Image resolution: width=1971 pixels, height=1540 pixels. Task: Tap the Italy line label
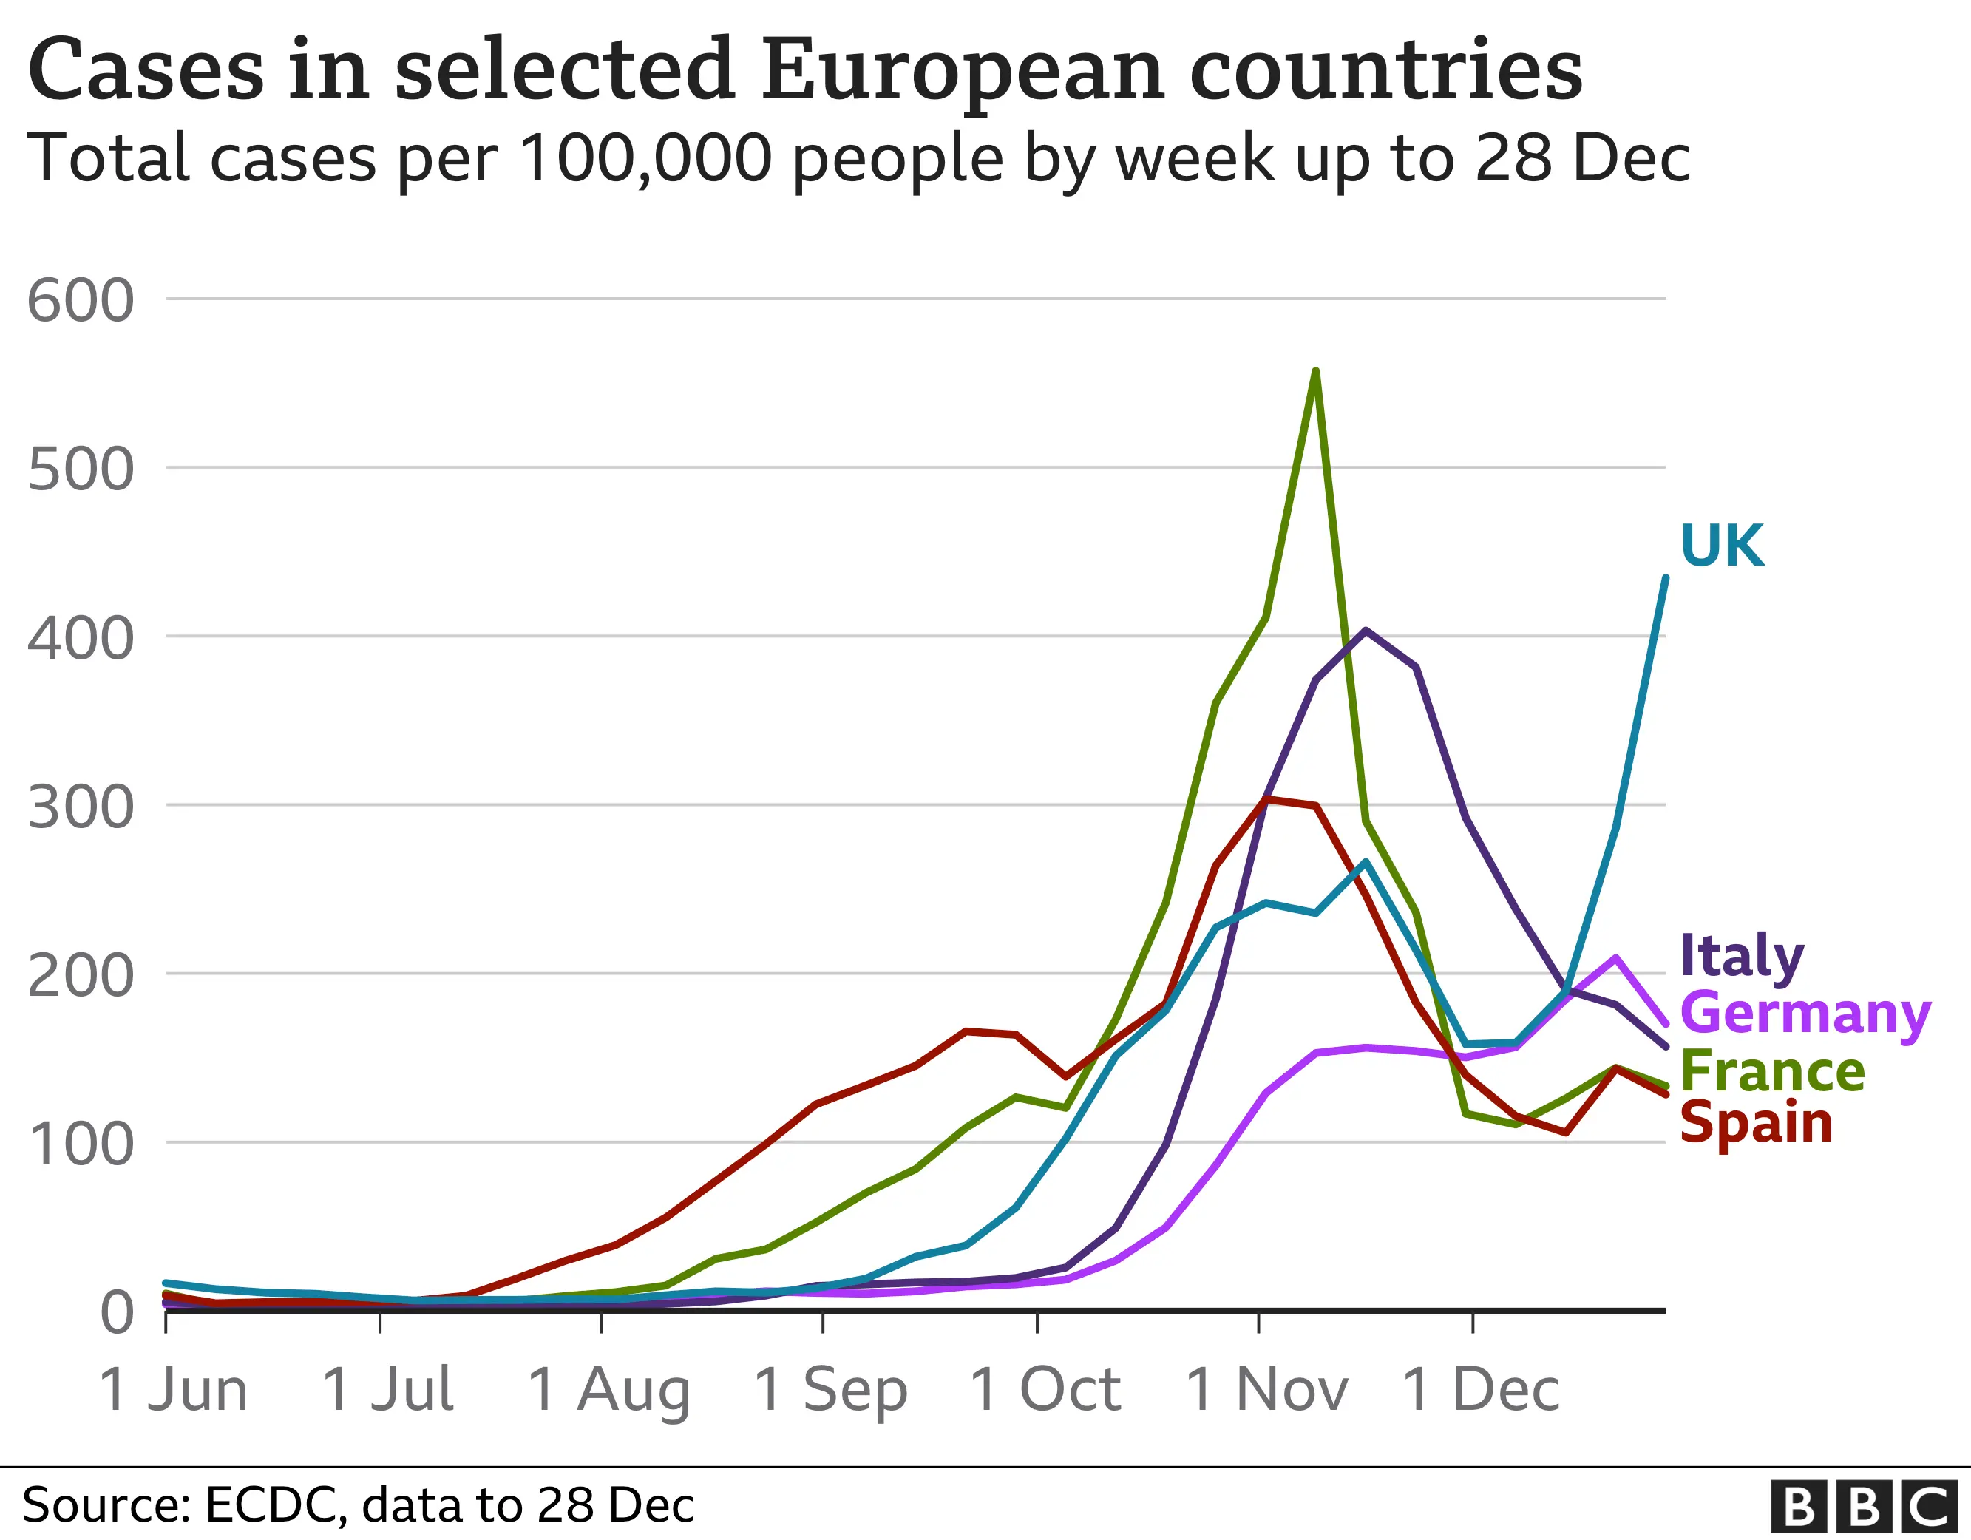pos(1742,956)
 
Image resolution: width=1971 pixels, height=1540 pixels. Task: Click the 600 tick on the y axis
pos(81,301)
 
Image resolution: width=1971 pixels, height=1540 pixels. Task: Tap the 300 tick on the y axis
pos(81,807)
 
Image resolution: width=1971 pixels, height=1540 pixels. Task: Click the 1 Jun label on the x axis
pos(173,1389)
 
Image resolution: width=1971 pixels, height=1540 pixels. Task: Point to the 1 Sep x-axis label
pos(830,1389)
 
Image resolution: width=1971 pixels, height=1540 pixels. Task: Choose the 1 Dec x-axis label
pos(1480,1389)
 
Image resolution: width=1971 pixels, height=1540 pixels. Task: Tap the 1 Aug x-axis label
pos(609,1389)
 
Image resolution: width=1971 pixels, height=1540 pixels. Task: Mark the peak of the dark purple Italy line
pos(1366,630)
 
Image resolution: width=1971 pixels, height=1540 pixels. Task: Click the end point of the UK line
pos(1665,577)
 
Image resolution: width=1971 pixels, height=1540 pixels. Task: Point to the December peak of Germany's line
pos(1615,957)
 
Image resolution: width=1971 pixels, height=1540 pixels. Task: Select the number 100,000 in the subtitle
pos(645,159)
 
